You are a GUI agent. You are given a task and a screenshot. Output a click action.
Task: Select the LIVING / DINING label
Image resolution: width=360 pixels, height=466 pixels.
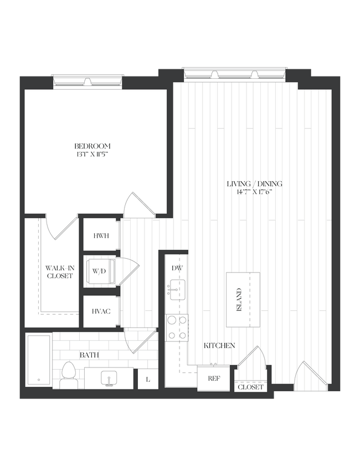pyautogui.click(x=255, y=184)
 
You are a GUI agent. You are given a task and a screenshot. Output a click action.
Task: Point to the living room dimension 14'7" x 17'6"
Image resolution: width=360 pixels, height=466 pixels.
pyautogui.click(x=255, y=192)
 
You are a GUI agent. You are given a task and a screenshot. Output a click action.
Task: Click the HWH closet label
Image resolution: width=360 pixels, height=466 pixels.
pyautogui.click(x=101, y=235)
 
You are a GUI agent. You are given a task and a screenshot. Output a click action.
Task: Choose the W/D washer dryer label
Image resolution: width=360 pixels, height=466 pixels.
pyautogui.click(x=99, y=272)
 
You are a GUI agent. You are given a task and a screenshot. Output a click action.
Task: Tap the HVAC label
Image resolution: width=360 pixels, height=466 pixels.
pyautogui.click(x=101, y=311)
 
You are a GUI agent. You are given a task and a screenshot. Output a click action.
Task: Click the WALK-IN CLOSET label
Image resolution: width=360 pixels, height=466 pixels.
pyautogui.click(x=59, y=272)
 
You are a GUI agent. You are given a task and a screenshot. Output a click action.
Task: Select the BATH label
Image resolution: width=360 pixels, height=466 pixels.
pyautogui.click(x=90, y=354)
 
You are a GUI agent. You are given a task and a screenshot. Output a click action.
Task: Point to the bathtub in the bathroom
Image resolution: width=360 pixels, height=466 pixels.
pyautogui.click(x=39, y=360)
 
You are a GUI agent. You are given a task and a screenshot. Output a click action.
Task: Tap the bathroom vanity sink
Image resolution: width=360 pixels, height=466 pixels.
pyautogui.click(x=110, y=378)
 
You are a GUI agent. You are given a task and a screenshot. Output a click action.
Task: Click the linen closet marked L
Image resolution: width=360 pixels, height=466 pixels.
pyautogui.click(x=147, y=380)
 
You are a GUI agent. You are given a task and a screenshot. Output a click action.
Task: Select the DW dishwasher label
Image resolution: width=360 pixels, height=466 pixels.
pyautogui.click(x=177, y=268)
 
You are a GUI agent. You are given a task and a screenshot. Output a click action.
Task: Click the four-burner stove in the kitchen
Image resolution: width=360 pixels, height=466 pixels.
pyautogui.click(x=177, y=327)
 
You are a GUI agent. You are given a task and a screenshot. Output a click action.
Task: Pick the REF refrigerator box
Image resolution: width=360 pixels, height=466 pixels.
pyautogui.click(x=214, y=379)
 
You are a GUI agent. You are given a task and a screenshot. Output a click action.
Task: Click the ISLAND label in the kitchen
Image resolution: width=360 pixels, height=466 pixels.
pyautogui.click(x=239, y=300)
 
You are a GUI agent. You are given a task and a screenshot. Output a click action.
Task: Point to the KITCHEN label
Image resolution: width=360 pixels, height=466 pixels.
pyautogui.click(x=219, y=346)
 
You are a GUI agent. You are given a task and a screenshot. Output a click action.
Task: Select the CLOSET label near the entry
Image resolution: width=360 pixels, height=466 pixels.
pyautogui.click(x=250, y=387)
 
